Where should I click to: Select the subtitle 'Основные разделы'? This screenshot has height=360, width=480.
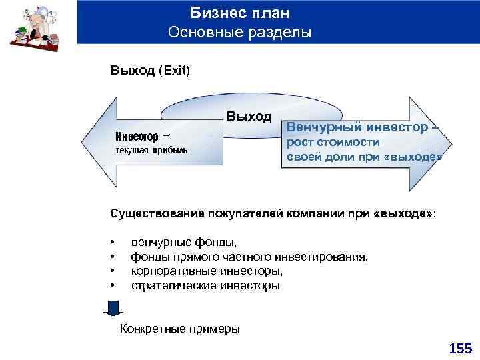pos(240,32)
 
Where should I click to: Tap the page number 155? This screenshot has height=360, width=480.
pos(460,348)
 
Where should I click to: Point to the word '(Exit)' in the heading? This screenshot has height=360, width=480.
pos(174,70)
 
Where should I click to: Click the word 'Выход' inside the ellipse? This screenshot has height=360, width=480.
pos(249,117)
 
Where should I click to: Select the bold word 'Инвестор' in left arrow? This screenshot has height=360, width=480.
pos(137,137)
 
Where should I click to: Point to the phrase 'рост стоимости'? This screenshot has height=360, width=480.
pos(333,142)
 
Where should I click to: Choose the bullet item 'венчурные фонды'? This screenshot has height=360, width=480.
pos(183,242)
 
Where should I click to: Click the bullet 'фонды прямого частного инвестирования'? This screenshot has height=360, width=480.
pos(249,257)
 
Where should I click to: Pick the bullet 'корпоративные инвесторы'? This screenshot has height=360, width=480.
pos(207,271)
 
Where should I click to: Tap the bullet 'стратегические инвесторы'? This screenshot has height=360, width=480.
pos(205,285)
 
